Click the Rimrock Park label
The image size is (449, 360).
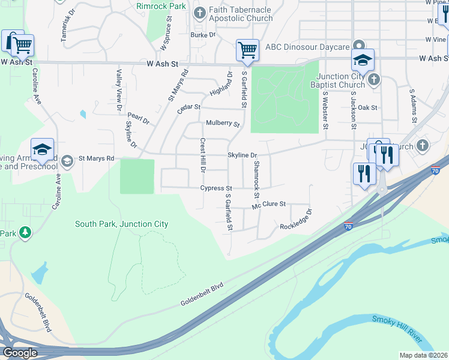[x=161, y=5]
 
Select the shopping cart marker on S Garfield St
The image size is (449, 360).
[x=247, y=51]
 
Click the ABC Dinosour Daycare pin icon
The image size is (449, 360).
[x=358, y=46]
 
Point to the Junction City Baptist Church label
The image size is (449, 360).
[x=341, y=80]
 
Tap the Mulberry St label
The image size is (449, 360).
[x=223, y=124]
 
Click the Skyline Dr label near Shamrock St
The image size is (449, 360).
[x=242, y=155]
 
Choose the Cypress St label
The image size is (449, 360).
[x=215, y=188]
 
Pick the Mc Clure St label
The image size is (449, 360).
[x=269, y=205]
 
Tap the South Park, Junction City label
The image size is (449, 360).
[x=121, y=224]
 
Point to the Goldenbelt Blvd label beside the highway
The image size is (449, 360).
[x=202, y=295]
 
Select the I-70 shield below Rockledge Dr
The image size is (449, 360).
[x=348, y=226]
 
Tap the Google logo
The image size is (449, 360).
[x=20, y=352]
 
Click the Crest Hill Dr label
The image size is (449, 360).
[x=202, y=154]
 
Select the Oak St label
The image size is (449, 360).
[x=367, y=108]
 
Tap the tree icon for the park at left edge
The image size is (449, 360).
[x=25, y=232]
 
